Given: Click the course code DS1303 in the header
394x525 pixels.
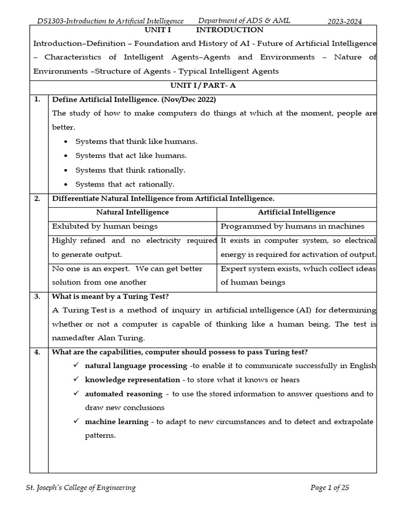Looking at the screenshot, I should coord(50,21).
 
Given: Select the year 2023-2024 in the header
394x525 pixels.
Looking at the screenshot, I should coord(345,21).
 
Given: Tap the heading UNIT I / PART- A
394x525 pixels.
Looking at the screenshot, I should coord(204,86).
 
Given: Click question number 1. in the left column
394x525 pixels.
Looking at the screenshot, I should coord(37,99).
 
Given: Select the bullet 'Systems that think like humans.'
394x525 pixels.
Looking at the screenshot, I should coord(136,141).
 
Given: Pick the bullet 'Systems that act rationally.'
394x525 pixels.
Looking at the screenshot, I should coord(125,184).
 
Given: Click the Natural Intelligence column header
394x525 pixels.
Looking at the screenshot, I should coord(132,212).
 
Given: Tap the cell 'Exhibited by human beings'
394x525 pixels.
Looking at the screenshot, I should coord(105,226).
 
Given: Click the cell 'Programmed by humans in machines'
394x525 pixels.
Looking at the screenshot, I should coord(292,226).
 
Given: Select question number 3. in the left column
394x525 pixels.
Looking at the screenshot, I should coord(37,296).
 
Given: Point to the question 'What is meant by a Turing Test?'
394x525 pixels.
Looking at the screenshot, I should coord(110,296).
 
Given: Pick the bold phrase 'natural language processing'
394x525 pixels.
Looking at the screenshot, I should coord(136,366).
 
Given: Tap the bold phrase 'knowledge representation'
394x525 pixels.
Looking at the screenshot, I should coord(132,380).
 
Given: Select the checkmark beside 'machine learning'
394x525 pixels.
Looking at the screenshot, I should coord(75,421).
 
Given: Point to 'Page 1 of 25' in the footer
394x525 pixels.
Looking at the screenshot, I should coord(329,488).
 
